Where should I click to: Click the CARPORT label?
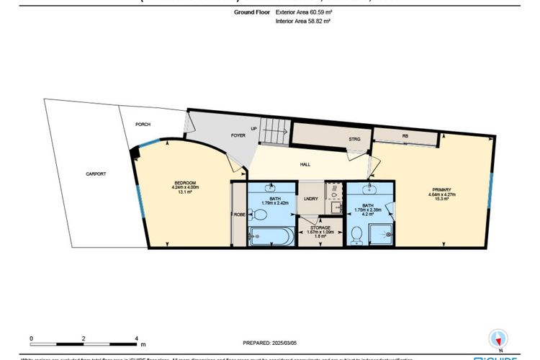(x=96, y=174)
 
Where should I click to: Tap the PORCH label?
(x=143, y=125)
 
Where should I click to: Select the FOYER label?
(x=219, y=134)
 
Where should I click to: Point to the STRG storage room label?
(x=354, y=139)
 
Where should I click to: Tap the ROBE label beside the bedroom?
(x=238, y=215)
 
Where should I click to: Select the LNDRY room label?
(x=311, y=199)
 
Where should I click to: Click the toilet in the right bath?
(x=356, y=234)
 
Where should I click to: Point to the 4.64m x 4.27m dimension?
(x=437, y=194)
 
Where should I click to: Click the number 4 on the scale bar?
(x=136, y=337)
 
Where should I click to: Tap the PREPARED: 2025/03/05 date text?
(x=270, y=343)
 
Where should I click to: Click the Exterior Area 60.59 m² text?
(x=303, y=12)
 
